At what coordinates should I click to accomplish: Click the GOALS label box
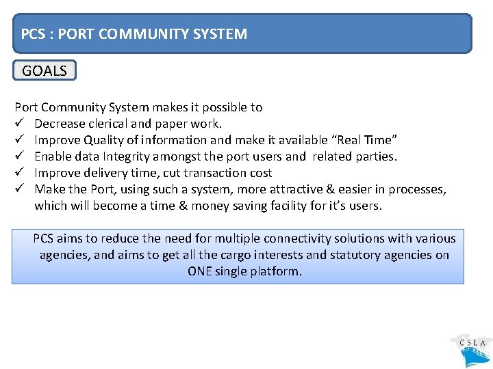coord(45,70)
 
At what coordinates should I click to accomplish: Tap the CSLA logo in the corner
coord(472,349)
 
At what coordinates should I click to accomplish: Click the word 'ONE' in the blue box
coord(200,271)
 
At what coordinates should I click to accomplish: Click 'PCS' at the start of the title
coord(33,33)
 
